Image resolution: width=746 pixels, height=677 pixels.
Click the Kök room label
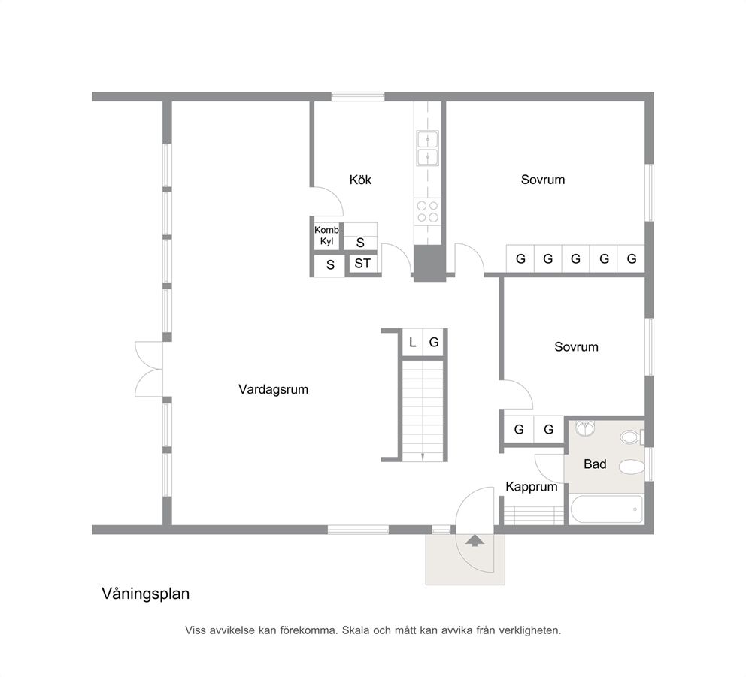360,180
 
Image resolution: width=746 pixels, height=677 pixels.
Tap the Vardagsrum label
273,389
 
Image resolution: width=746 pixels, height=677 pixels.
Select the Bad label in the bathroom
595,464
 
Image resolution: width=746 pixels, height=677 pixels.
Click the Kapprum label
532,487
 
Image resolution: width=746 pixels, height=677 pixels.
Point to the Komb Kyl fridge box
327,236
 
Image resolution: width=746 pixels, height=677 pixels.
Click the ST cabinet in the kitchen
363,264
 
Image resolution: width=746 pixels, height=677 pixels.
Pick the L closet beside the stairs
413,343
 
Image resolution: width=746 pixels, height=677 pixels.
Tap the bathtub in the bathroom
605,509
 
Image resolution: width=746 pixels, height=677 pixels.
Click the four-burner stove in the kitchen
427,212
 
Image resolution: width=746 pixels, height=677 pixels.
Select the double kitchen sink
428,148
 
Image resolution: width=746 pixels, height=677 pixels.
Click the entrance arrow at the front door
475,540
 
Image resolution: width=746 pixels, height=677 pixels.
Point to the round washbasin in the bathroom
585,428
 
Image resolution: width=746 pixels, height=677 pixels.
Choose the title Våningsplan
146,594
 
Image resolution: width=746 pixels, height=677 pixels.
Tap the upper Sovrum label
543,180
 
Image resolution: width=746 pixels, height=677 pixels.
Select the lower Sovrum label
576,347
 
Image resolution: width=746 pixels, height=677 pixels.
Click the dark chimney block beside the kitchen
429,264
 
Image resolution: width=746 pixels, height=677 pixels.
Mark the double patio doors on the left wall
150,369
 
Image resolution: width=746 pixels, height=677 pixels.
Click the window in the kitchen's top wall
358,96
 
